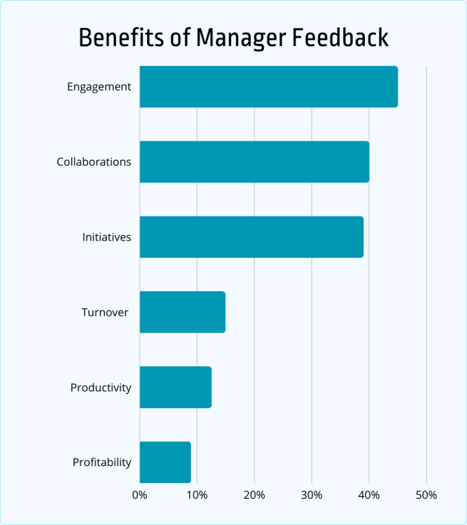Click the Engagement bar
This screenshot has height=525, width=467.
click(268, 87)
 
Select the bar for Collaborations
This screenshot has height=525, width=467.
click(254, 162)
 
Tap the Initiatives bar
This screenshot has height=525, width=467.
click(251, 237)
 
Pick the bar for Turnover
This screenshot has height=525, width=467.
click(182, 312)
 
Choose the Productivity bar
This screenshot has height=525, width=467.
click(175, 387)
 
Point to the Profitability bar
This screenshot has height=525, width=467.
click(165, 462)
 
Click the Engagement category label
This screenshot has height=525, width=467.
click(99, 87)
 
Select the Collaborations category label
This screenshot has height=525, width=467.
click(94, 162)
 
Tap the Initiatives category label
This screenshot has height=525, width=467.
click(106, 238)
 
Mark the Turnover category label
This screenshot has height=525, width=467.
click(105, 312)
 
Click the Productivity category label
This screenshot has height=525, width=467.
click(100, 388)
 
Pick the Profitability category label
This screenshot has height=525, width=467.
click(102, 462)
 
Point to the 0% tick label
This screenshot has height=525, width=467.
click(139, 495)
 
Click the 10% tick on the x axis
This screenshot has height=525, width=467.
click(196, 495)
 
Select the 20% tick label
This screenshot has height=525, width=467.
click(254, 495)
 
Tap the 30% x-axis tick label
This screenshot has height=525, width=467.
click(311, 495)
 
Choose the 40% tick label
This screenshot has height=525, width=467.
click(368, 495)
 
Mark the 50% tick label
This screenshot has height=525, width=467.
click(426, 495)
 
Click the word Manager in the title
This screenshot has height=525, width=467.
click(241, 38)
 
